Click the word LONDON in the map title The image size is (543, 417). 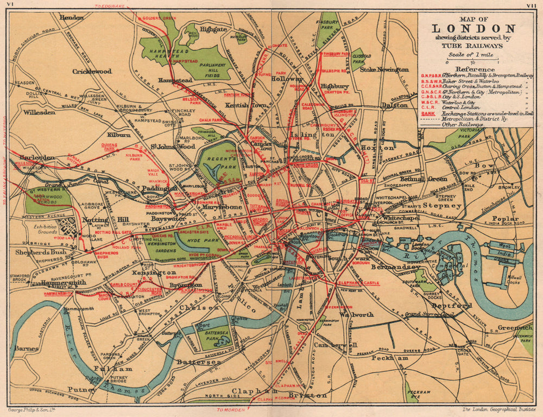click(474, 29)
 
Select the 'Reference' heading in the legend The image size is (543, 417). click(475, 69)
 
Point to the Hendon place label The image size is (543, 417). click(72, 17)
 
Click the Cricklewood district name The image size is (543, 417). click(92, 71)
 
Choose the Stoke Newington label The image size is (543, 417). click(384, 69)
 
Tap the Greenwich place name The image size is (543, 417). click(514, 327)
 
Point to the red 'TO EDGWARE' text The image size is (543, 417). click(109, 7)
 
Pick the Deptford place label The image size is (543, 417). click(459, 306)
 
